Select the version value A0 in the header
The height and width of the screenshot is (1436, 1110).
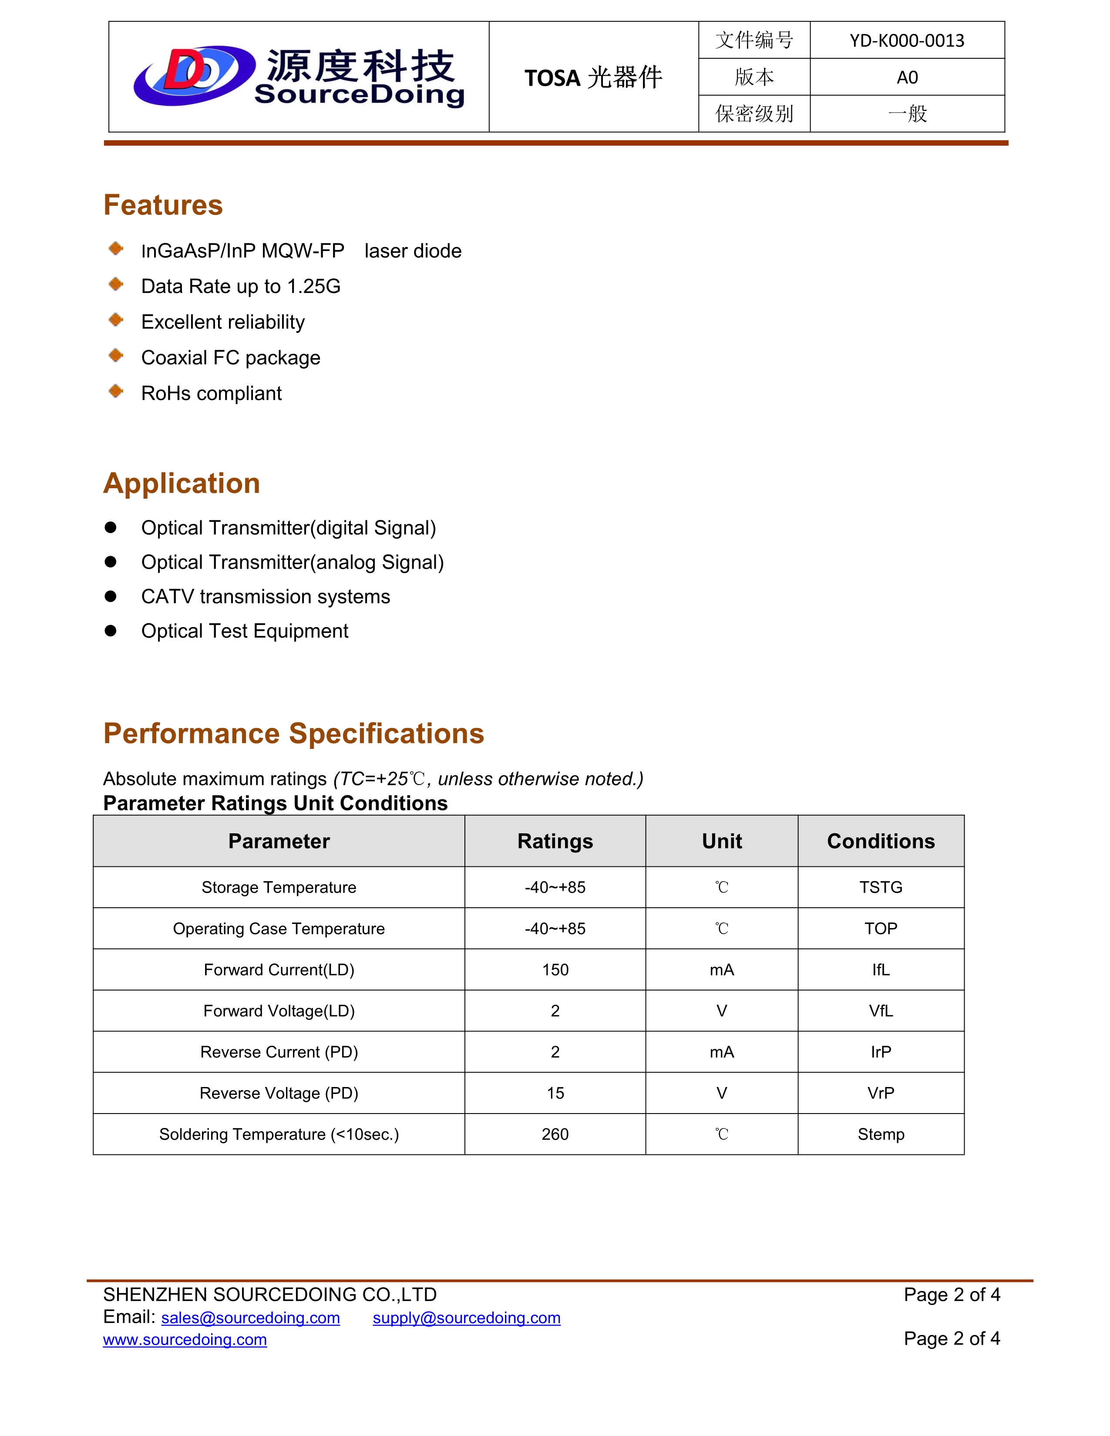[907, 77]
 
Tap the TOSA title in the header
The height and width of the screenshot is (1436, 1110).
[593, 77]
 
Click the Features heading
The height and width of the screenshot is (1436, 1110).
[163, 205]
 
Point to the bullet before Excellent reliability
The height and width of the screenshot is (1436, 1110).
[116, 320]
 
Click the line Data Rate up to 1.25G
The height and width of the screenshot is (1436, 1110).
[241, 287]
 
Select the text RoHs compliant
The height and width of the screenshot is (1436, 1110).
[211, 393]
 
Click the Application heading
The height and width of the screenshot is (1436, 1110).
[182, 483]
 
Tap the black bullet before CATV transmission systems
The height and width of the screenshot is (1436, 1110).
[111, 596]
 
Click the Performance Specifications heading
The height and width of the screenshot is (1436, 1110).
[293, 733]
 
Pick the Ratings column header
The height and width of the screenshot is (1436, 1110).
[555, 841]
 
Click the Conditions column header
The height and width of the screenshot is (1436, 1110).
[881, 841]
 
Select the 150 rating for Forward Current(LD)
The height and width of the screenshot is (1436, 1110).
[555, 970]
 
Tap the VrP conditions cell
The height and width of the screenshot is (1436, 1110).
[881, 1093]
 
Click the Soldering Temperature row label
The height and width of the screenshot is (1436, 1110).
[279, 1134]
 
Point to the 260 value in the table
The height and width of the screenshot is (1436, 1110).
[555, 1134]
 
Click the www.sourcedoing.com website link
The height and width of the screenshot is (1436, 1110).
[185, 1340]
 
